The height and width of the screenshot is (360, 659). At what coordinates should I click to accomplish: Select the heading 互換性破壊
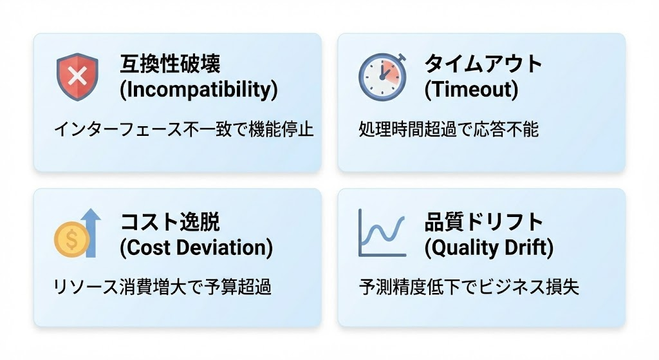(x=170, y=64)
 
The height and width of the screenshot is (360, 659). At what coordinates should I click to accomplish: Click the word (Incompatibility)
(x=199, y=90)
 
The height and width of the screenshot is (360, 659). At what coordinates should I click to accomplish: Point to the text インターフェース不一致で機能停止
(x=183, y=129)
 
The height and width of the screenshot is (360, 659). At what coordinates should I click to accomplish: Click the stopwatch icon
(x=382, y=77)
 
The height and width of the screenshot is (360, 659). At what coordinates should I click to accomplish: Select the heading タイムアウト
(x=483, y=64)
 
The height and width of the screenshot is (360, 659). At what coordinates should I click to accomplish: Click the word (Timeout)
(x=471, y=90)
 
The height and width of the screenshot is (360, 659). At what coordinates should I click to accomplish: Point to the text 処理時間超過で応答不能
(x=449, y=129)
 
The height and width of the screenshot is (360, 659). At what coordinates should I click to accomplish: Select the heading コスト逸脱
(x=170, y=222)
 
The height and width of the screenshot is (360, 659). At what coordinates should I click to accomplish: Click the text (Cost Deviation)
(x=196, y=247)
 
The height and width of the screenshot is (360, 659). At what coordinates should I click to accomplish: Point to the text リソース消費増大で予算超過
(x=162, y=287)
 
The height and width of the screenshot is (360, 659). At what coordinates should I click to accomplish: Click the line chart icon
(x=382, y=233)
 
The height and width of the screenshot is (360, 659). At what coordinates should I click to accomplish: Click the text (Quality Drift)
(x=488, y=247)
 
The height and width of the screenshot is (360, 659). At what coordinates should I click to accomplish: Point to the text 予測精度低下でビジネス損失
(x=469, y=287)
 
